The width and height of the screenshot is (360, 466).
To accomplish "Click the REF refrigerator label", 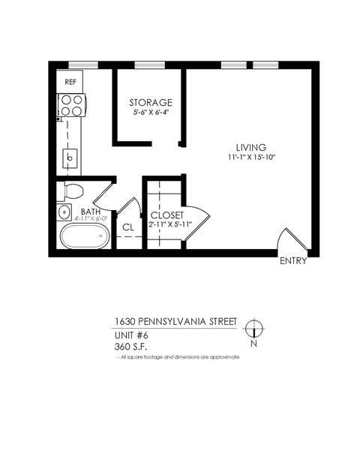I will click(x=71, y=81).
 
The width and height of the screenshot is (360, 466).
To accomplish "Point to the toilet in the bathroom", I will click(x=73, y=191).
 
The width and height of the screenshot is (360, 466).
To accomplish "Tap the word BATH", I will click(x=91, y=212).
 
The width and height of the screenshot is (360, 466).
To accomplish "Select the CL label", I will click(x=127, y=226).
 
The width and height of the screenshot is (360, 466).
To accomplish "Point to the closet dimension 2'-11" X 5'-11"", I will click(x=170, y=223).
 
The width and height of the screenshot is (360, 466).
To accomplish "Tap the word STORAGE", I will click(x=150, y=102).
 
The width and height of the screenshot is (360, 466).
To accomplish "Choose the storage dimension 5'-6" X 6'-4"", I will click(x=150, y=113).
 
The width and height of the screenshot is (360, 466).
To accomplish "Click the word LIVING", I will click(x=250, y=146).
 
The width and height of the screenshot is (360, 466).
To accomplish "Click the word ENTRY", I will click(x=292, y=262).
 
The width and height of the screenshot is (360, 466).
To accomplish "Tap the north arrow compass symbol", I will click(x=254, y=328).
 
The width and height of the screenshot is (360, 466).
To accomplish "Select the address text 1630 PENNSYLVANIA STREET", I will click(x=175, y=321).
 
